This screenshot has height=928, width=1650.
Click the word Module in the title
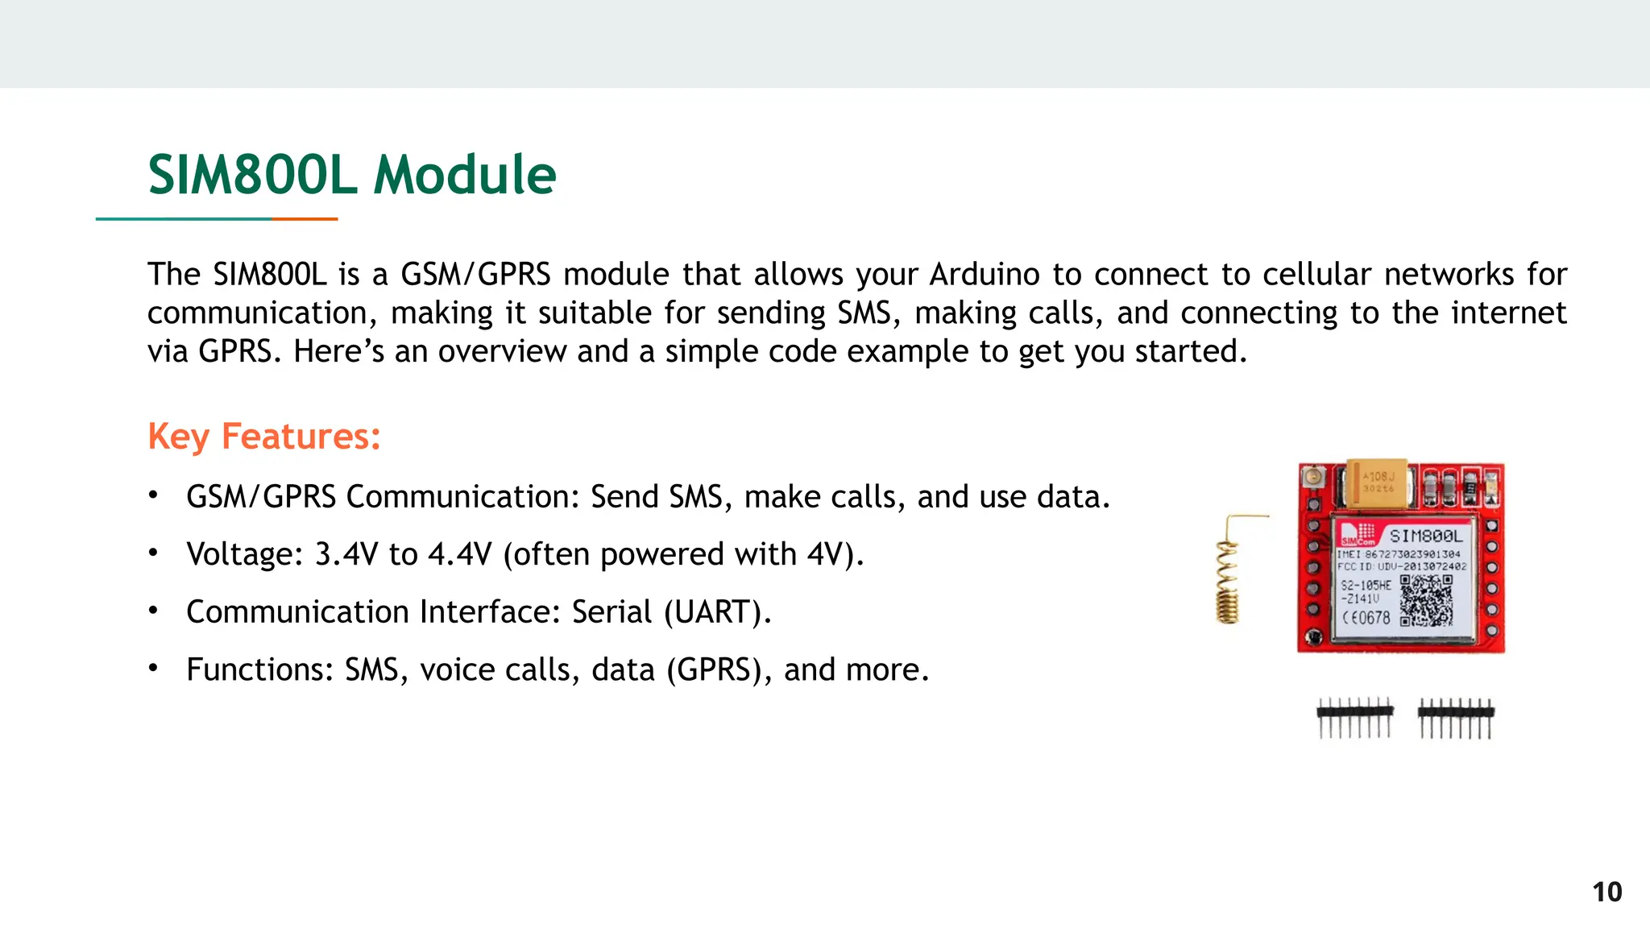pos(465,175)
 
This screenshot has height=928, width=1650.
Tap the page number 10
pos(1606,892)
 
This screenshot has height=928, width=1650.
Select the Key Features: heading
pos(263,437)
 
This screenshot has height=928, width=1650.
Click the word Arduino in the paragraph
pos(985,275)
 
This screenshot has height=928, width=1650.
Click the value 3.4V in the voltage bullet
pos(346,554)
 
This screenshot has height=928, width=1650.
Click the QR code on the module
pos(1426,600)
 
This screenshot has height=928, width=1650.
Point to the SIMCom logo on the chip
pos(1357,534)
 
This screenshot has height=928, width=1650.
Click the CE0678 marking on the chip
pos(1366,618)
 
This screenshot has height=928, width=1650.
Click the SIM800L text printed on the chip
pos(1426,536)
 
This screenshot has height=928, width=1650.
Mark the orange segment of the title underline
pos(305,218)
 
